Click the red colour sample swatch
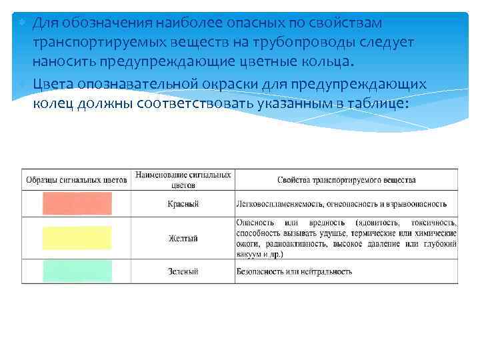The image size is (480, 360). pos(77,203)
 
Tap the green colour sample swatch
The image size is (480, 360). pos(77,271)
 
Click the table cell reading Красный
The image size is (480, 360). pos(183,204)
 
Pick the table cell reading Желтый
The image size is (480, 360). pos(183,238)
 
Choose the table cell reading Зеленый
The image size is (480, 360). pos(183,271)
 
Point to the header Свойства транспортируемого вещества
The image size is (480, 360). pos(346,180)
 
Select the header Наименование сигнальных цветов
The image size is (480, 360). pos(183,179)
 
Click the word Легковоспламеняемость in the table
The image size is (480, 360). pos(274,204)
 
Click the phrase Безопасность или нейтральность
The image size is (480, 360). pos(294,271)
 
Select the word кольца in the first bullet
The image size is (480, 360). pos(330,62)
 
